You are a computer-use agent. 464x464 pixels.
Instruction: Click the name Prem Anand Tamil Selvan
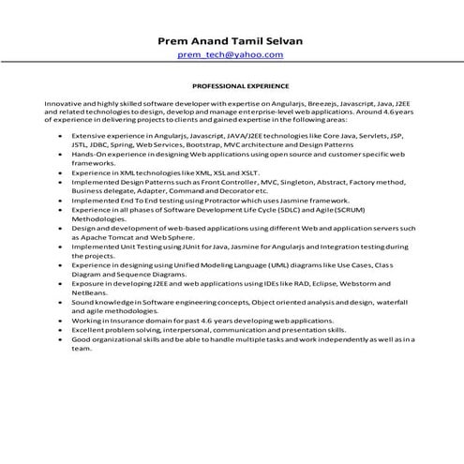tap(232, 41)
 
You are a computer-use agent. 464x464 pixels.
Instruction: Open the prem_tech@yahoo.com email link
tap(232, 55)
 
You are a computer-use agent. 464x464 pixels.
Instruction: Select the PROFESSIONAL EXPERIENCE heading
tap(232, 83)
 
